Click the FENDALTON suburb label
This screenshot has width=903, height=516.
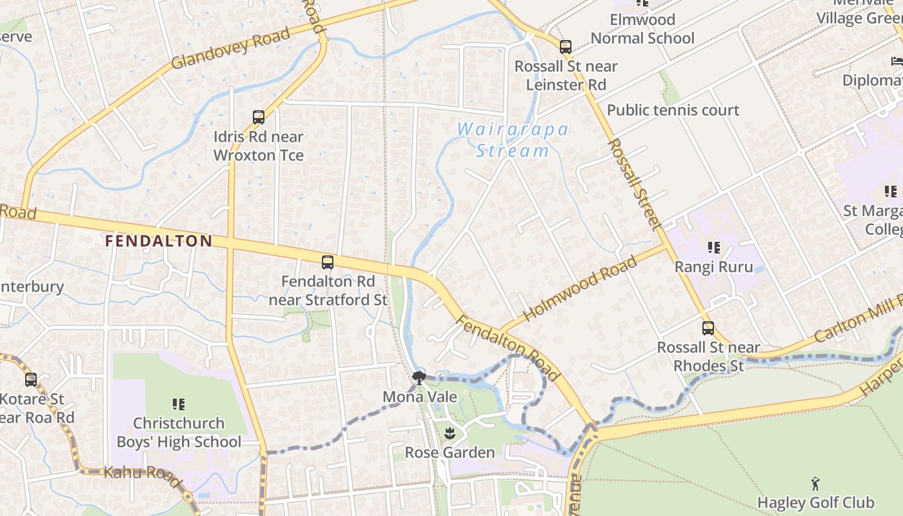(x=159, y=241)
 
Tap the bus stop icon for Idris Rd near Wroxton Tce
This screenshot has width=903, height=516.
(x=259, y=117)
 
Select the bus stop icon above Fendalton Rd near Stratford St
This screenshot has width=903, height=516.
(x=328, y=263)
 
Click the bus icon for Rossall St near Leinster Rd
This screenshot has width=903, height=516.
(x=566, y=47)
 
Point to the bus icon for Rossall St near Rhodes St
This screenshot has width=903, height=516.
(x=708, y=328)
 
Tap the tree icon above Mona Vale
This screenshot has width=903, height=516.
(x=419, y=377)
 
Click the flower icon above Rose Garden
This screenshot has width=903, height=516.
(x=450, y=433)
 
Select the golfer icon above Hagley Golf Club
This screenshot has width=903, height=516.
(x=815, y=483)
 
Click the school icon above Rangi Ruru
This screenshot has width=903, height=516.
(x=713, y=248)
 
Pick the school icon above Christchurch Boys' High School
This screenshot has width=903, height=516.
(x=179, y=404)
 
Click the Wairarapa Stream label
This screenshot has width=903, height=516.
(x=513, y=140)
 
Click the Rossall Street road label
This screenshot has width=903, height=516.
(x=635, y=184)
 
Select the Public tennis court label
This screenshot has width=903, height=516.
(x=673, y=110)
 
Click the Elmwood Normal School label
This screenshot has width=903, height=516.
(x=642, y=29)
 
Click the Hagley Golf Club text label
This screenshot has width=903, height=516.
(x=815, y=502)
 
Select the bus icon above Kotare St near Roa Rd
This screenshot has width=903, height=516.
(x=31, y=380)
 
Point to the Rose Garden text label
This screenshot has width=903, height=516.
(x=450, y=452)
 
